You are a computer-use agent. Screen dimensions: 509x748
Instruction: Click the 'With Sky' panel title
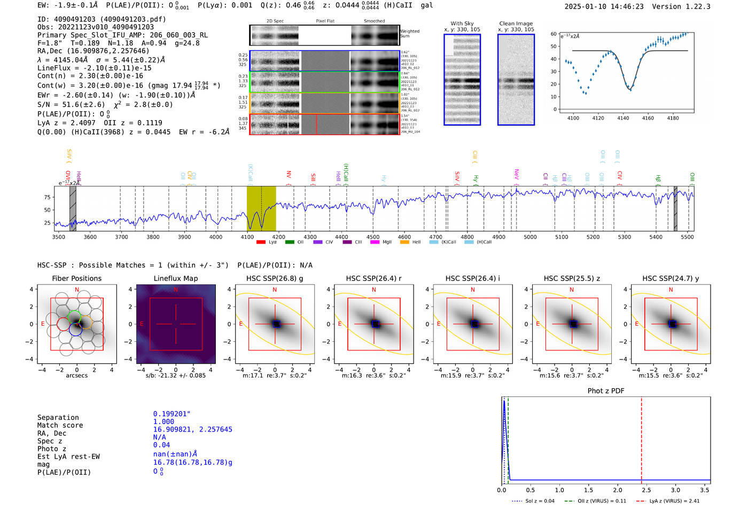tap(462, 24)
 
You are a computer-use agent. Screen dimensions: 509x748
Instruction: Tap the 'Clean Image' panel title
tap(516, 24)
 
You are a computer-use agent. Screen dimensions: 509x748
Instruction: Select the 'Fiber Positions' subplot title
tap(76, 278)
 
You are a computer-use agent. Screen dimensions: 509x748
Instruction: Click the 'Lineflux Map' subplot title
tap(175, 278)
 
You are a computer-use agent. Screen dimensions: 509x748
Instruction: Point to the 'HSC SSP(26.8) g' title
tap(274, 278)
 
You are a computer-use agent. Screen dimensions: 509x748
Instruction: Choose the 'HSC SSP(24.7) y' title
tap(671, 278)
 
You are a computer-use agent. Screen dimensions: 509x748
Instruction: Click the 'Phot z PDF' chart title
tap(606, 391)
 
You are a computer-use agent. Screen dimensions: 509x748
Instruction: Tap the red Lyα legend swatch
tap(261, 242)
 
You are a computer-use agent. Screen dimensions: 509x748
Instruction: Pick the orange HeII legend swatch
tap(404, 242)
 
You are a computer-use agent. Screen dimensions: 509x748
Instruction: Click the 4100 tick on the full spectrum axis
tap(247, 237)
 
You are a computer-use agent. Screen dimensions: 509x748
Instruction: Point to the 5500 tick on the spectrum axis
tap(687, 237)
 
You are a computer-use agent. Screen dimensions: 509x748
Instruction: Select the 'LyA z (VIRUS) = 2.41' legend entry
tap(674, 501)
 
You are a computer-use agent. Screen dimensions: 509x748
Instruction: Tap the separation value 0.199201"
tap(172, 414)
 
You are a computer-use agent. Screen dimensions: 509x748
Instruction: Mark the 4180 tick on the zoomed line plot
tap(673, 118)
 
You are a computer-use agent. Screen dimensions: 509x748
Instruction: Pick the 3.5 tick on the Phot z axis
tap(705, 490)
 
